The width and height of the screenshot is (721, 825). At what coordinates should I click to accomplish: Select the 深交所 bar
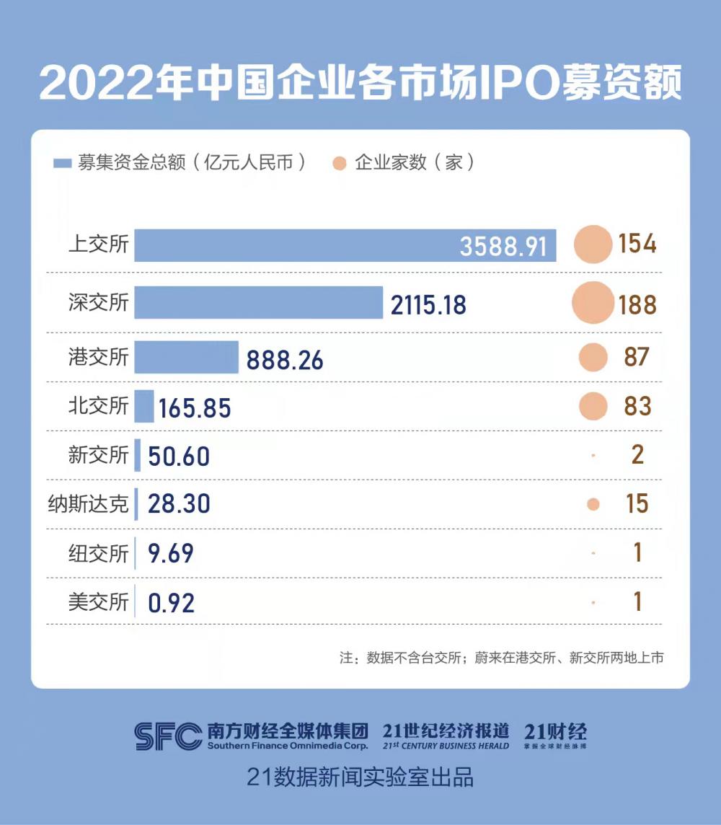pyautogui.click(x=258, y=302)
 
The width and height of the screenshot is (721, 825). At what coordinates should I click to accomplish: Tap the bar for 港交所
pyautogui.click(x=186, y=358)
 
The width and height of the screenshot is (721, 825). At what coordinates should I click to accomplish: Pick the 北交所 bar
pyautogui.click(x=144, y=406)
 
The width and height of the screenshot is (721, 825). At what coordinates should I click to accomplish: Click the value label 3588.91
pyautogui.click(x=504, y=247)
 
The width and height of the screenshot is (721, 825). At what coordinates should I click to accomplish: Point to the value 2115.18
pyautogui.click(x=428, y=304)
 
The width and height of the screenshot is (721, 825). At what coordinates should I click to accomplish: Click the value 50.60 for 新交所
pyautogui.click(x=179, y=456)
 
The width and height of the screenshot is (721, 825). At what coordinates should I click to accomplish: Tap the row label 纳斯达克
pyautogui.click(x=88, y=504)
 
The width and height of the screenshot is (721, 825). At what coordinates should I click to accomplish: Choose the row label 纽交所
pyautogui.click(x=98, y=553)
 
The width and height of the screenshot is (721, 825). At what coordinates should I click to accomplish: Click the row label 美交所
pyautogui.click(x=98, y=602)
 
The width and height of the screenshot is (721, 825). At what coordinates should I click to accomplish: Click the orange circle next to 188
pyautogui.click(x=593, y=303)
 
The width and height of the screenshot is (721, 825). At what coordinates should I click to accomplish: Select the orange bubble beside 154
pyautogui.click(x=593, y=244)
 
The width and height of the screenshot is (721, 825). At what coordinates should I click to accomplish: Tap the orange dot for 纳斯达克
pyautogui.click(x=593, y=505)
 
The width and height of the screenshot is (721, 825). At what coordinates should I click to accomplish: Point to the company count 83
pyautogui.click(x=637, y=406)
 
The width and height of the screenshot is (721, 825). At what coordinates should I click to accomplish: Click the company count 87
pyautogui.click(x=637, y=357)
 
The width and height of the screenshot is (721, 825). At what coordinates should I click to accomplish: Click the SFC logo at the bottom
pyautogui.click(x=168, y=736)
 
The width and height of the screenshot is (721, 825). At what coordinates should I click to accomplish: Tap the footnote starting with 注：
pyautogui.click(x=501, y=658)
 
